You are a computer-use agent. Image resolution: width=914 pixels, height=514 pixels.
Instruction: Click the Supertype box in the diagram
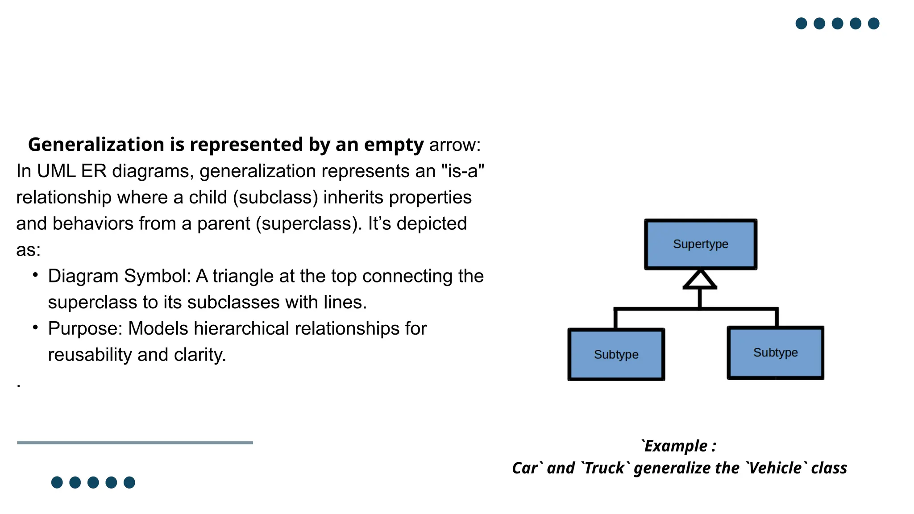(700, 244)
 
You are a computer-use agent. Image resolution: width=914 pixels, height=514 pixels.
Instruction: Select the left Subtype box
(616, 354)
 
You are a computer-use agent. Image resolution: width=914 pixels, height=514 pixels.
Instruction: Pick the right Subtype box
(775, 352)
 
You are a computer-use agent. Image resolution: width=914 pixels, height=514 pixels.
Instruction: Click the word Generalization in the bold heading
(96, 145)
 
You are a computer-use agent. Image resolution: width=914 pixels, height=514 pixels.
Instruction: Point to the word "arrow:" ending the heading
(455, 145)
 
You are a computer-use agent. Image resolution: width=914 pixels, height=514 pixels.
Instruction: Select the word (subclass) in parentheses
(275, 197)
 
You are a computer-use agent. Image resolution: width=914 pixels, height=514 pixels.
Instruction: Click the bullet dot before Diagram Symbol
(35, 275)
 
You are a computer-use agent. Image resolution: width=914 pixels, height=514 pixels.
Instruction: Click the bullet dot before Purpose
(35, 327)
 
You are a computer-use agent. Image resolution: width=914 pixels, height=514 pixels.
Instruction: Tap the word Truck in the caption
(604, 468)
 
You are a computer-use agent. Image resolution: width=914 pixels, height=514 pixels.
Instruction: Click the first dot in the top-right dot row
(801, 23)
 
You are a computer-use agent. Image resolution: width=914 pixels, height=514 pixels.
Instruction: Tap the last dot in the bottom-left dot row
(129, 482)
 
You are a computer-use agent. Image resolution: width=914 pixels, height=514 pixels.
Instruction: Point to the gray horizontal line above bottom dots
(135, 443)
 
